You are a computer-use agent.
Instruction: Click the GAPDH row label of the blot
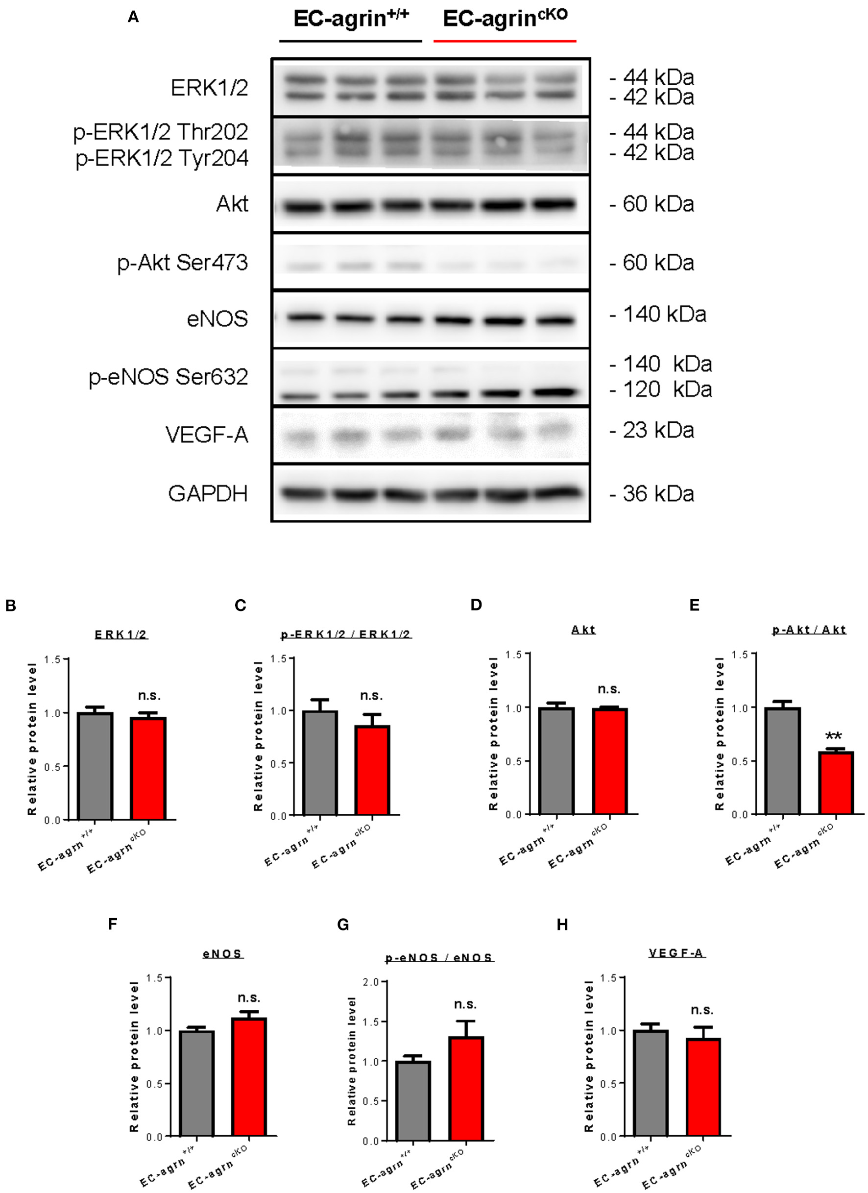click(208, 493)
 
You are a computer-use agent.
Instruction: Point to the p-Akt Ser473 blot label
click(183, 262)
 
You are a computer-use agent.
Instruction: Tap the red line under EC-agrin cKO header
click(505, 41)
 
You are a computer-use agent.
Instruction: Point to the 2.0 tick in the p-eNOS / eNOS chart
click(371, 982)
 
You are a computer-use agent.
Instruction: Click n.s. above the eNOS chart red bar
click(249, 998)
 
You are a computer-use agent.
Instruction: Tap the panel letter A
click(134, 17)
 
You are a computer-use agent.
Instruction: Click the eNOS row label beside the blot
click(217, 319)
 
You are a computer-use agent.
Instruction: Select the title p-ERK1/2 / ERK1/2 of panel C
click(346, 634)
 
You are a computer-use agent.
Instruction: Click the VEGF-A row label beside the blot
click(207, 435)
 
